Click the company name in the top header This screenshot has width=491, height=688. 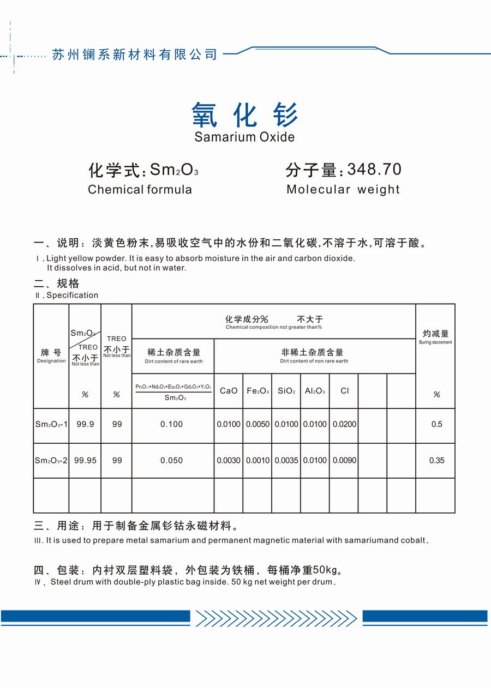(134, 55)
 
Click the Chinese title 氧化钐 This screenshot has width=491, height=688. (245, 115)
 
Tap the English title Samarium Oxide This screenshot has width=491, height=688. (244, 137)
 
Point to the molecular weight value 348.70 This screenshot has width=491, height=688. (374, 170)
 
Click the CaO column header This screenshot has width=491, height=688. (229, 391)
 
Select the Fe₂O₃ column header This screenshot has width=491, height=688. (258, 391)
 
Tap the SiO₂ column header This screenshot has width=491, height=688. (286, 391)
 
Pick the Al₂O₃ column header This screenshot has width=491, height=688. (315, 391)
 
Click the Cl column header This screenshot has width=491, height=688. (344, 391)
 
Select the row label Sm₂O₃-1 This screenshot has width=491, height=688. (51, 424)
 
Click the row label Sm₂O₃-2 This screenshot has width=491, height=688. (51, 461)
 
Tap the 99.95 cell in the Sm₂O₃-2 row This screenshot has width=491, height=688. (85, 461)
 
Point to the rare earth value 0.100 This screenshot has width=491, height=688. (172, 424)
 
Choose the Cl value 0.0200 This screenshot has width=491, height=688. (344, 424)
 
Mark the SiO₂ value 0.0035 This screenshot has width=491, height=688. (286, 461)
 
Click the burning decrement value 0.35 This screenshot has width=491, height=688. (436, 461)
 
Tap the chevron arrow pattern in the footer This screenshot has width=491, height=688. (276, 618)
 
